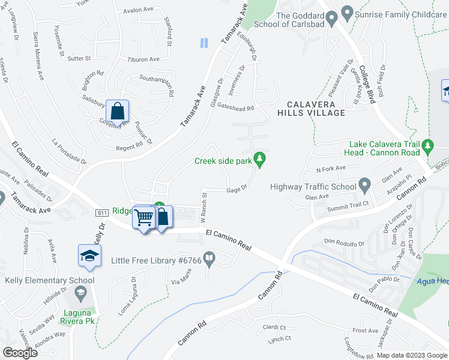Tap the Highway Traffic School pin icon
click(364, 184)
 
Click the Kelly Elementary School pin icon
click(80, 292)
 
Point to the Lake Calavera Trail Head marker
click(427, 146)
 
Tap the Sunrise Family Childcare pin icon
click(346, 12)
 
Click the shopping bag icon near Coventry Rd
click(118, 111)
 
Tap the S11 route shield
click(101, 212)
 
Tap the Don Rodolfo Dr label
click(344, 243)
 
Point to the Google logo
click(20, 353)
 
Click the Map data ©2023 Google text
click(412, 355)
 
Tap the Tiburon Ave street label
click(143, 59)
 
